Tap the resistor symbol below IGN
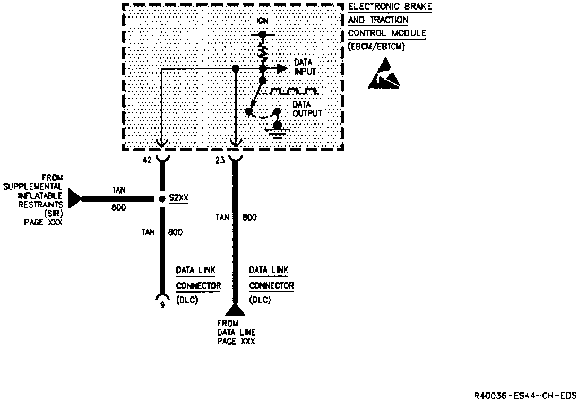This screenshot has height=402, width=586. pos(262,52)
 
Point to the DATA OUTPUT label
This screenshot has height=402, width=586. pos(307,109)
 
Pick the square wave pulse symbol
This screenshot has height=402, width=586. pos(294,91)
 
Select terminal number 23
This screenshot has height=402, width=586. pos(220,159)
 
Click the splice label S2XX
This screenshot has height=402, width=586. pos(179,198)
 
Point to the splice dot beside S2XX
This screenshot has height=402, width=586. pos(162,199)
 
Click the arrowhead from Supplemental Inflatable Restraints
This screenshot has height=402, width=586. pos(75,199)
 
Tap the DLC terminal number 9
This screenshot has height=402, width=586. pos(162,305)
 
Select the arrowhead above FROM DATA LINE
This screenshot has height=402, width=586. pos(234,309)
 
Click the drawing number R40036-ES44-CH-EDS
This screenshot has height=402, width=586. pos(525,396)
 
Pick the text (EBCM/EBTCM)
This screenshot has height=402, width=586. pos(376,47)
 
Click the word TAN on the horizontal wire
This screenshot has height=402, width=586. pos(119,189)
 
